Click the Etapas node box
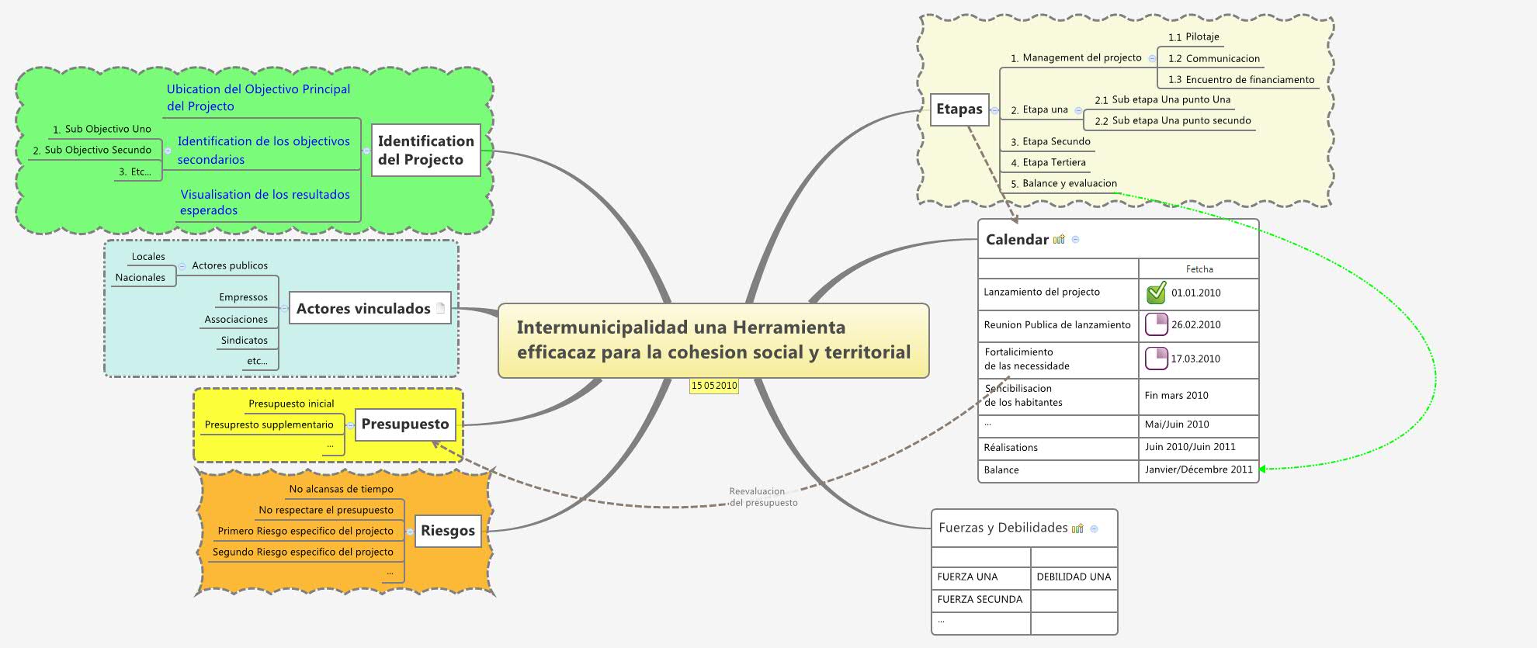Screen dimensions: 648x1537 959,109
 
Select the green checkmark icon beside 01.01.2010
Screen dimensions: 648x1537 1156,293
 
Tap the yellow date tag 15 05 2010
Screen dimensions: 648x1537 714,386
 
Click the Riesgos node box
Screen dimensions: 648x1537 447,532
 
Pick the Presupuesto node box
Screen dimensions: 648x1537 404,424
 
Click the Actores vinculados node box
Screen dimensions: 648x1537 363,309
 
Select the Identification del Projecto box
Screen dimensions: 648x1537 425,151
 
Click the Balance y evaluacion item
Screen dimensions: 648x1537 1069,184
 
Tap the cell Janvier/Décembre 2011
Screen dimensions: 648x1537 1198,470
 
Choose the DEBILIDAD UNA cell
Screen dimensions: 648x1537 1074,577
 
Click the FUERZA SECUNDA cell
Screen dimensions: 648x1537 980,600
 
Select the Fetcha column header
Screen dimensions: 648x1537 1199,269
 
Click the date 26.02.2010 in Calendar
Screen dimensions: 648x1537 1195,325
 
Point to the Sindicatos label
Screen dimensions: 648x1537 244,341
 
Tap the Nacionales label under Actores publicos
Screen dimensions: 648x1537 141,278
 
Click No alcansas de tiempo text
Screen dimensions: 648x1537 341,490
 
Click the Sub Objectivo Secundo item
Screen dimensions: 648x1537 98,151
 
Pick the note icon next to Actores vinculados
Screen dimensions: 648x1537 440,308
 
